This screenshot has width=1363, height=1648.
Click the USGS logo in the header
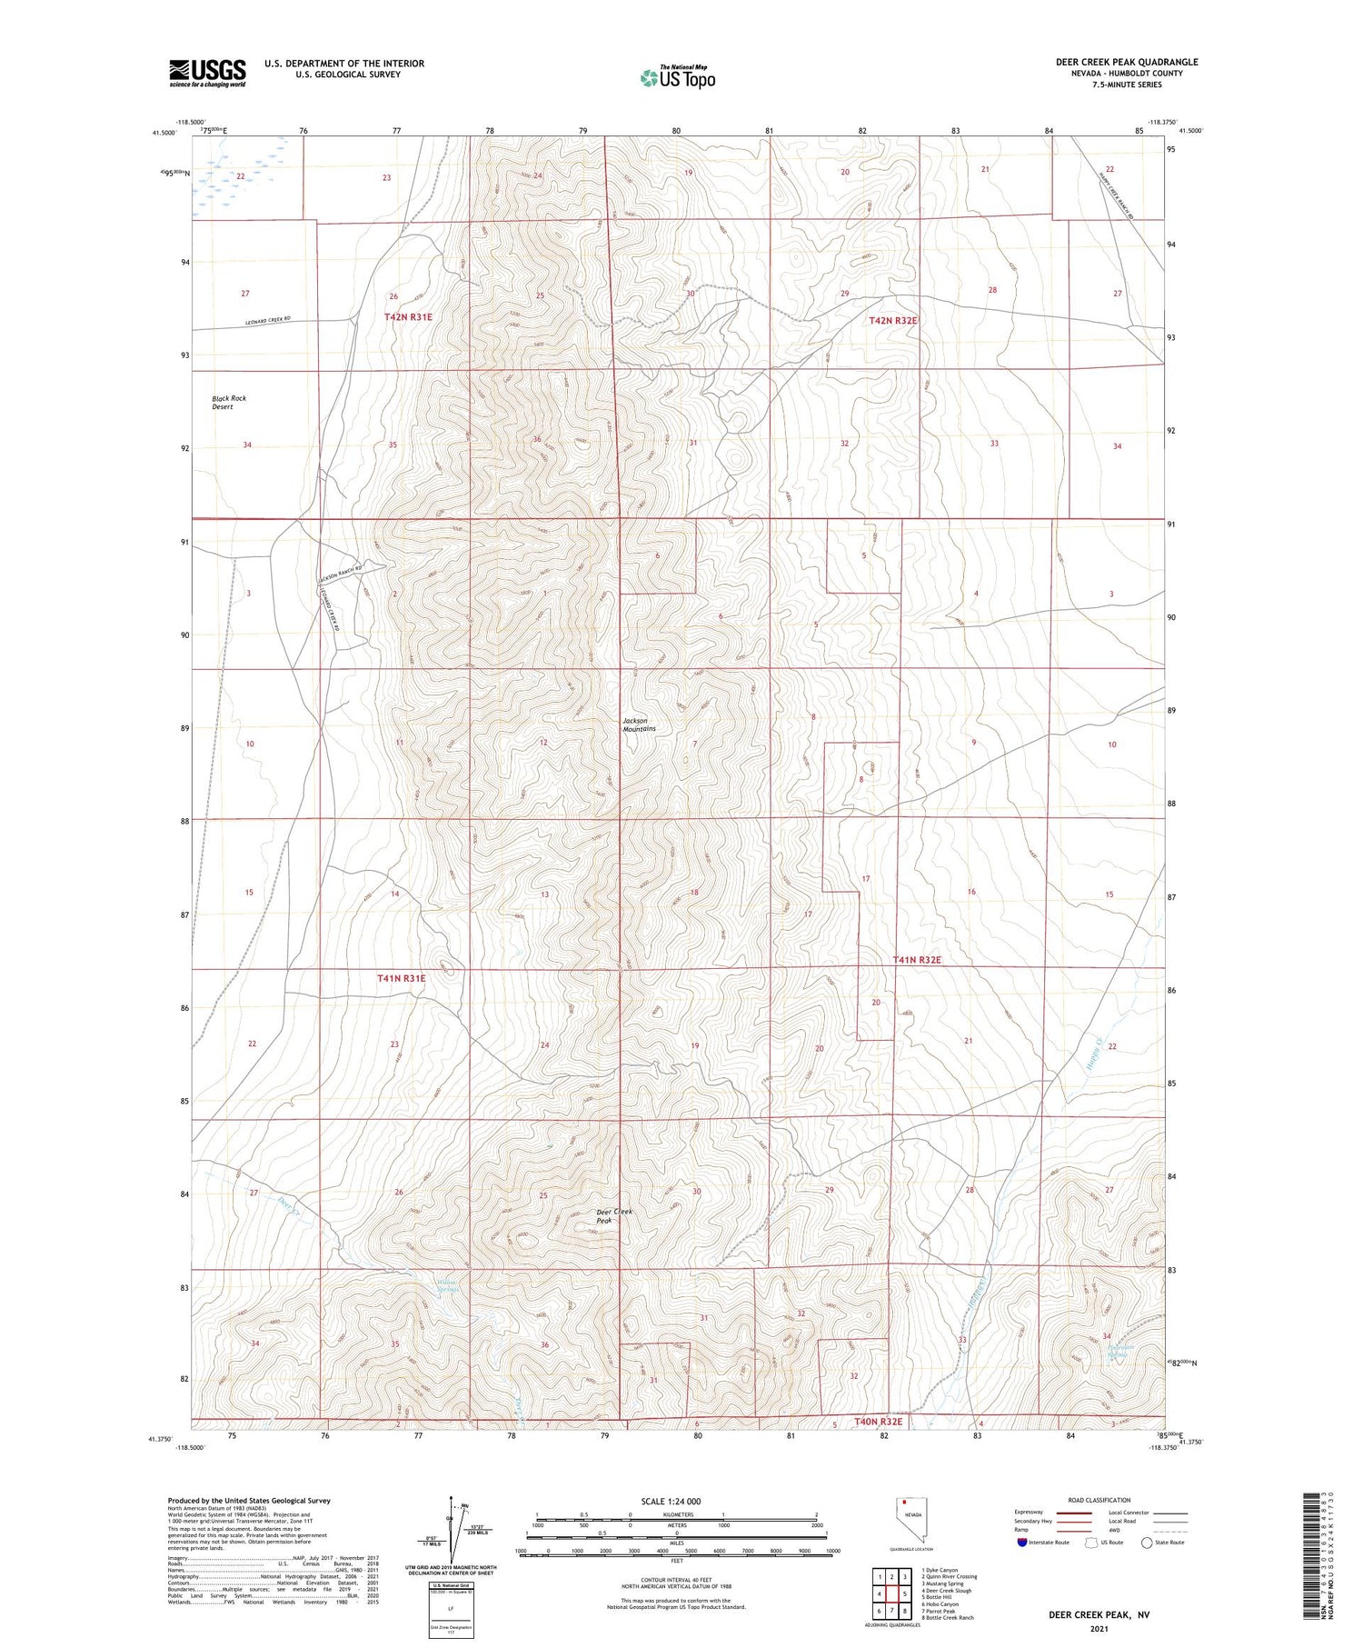[x=207, y=73]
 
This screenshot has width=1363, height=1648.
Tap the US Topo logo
[x=677, y=77]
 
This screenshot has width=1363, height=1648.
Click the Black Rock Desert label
[x=229, y=403]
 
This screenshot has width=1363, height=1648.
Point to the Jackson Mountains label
[x=639, y=724]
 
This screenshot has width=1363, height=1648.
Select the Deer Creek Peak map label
[x=613, y=1215]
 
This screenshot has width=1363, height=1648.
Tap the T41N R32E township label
[x=916, y=960]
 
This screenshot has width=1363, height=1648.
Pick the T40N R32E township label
[x=879, y=1422]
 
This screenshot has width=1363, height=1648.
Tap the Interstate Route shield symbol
[x=1022, y=1543]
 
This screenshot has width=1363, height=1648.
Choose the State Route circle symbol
[x=1147, y=1543]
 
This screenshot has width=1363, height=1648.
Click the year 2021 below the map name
[x=1099, y=1629]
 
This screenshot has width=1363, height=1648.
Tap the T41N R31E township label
[x=401, y=979]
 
